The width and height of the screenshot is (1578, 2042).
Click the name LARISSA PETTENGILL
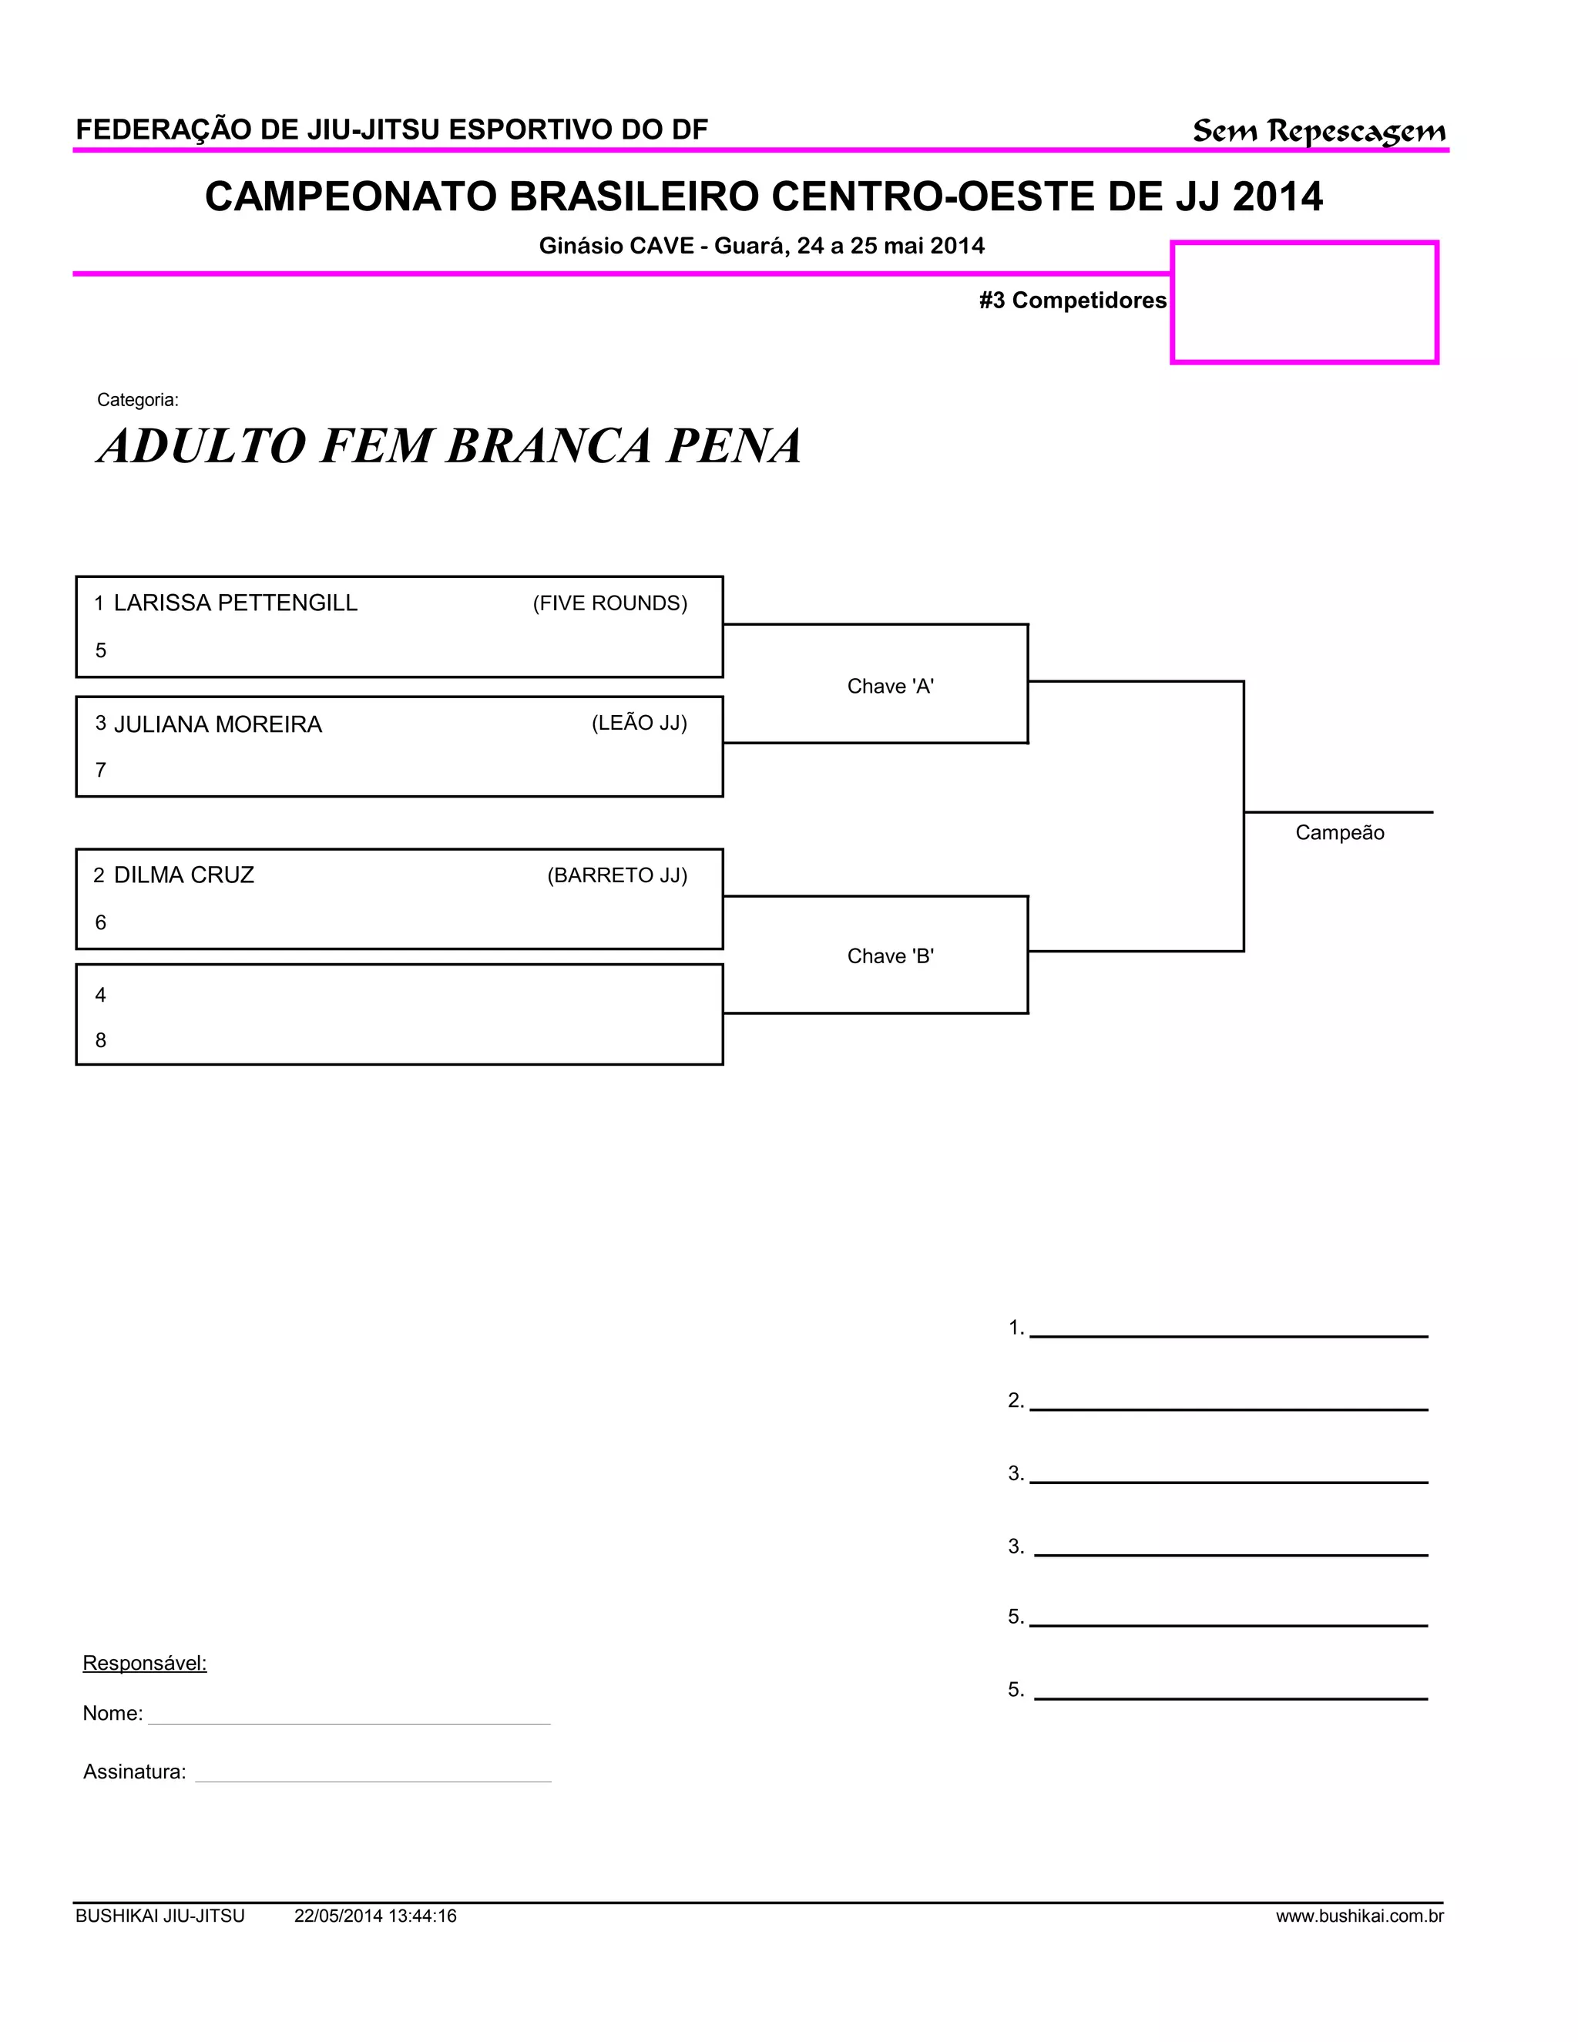pos(235,603)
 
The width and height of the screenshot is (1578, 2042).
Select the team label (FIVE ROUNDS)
pos(609,604)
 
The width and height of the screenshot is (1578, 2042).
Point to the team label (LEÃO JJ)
pos(639,723)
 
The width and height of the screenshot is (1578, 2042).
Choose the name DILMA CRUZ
pos(183,875)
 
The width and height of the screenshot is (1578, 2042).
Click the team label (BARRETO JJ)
pos(617,875)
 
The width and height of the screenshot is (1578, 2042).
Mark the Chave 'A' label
pos(890,687)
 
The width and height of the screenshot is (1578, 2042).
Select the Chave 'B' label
pos(890,956)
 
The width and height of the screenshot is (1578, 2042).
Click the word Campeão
pos(1338,833)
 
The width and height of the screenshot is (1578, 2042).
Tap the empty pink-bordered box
pos(1304,302)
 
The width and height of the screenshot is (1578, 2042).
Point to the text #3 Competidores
pos(1073,300)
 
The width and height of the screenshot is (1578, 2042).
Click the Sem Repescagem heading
pos(1318,132)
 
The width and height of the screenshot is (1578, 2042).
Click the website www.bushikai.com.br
pos(1359,1916)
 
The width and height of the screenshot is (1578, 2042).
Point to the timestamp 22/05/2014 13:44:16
pos(375,1916)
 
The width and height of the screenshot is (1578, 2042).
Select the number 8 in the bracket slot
pos(101,1040)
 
